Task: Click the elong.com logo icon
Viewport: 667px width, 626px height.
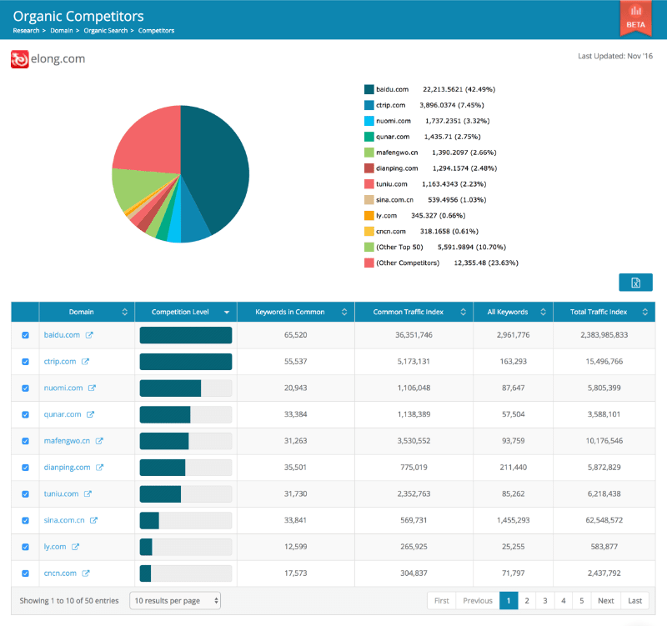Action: pyautogui.click(x=20, y=59)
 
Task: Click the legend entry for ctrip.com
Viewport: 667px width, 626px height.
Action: pyautogui.click(x=390, y=105)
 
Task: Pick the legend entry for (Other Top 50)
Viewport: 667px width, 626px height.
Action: pyautogui.click(x=399, y=248)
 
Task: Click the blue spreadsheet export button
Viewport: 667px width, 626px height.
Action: pyautogui.click(x=635, y=283)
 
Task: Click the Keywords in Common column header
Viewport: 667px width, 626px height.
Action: pyautogui.click(x=291, y=313)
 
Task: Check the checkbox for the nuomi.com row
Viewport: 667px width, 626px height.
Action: pyautogui.click(x=25, y=388)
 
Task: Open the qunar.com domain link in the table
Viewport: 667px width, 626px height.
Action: pyautogui.click(x=63, y=414)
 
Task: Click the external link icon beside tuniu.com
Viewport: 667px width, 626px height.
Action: pyautogui.click(x=88, y=494)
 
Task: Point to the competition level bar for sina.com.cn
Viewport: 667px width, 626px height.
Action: pyautogui.click(x=185, y=521)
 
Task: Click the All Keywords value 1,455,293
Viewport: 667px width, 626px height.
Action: pyautogui.click(x=513, y=521)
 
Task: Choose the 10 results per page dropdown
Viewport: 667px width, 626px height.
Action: pyautogui.click(x=175, y=600)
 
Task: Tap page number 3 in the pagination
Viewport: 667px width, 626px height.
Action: pyautogui.click(x=545, y=600)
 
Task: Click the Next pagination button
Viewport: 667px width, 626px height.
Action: pyautogui.click(x=605, y=600)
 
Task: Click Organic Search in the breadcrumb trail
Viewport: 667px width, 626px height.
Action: pyautogui.click(x=107, y=31)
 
